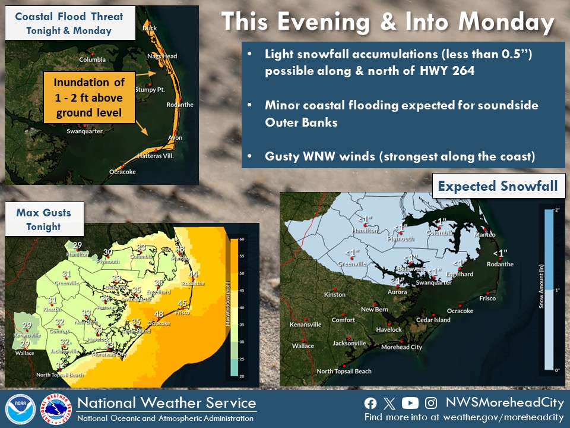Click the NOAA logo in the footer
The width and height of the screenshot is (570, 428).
click(21, 410)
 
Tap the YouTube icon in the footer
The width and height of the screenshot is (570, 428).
click(410, 403)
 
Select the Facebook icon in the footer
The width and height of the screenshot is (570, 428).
click(370, 403)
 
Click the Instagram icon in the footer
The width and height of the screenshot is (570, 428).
click(432, 403)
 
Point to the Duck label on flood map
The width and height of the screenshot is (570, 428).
click(150, 28)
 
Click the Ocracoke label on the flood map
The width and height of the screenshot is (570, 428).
click(122, 172)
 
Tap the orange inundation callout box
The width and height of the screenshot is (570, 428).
click(89, 97)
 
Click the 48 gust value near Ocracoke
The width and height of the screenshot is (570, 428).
click(159, 314)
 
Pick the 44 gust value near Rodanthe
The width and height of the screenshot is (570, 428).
click(193, 274)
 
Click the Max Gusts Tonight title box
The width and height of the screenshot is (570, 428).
click(43, 219)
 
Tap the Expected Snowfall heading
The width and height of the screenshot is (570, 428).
click(498, 186)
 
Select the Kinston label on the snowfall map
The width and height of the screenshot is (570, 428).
click(334, 295)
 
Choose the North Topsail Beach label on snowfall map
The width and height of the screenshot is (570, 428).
click(344, 372)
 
